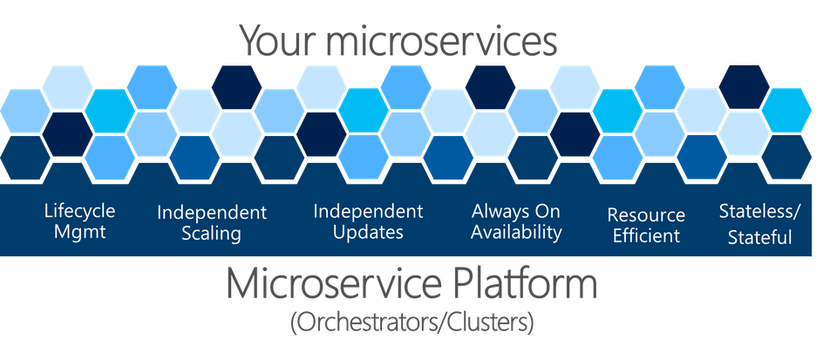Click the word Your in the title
(272, 41)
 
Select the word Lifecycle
(80, 211)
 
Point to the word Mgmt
(80, 232)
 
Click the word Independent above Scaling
(212, 213)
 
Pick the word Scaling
(212, 234)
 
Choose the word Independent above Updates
(368, 211)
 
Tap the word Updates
(368, 232)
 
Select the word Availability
(516, 232)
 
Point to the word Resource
(646, 215)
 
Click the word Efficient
(646, 235)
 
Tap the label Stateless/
(759, 212)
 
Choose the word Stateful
(759, 238)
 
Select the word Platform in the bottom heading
(520, 284)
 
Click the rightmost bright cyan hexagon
(786, 110)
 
